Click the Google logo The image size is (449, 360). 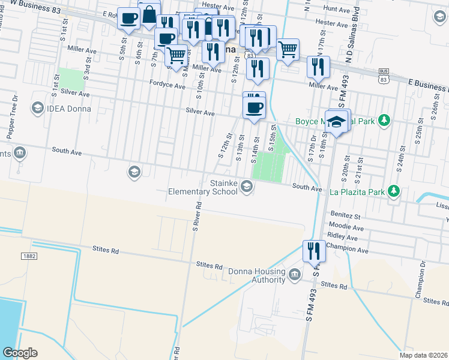point(20,353)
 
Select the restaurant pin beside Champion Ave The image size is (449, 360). point(314,251)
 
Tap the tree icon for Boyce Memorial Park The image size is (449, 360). point(384,121)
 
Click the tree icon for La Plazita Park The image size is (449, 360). point(394,191)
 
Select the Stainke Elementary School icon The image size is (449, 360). point(246,188)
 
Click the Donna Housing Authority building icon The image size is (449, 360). point(294,275)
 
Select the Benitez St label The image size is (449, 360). point(344,215)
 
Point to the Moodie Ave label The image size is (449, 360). point(346,228)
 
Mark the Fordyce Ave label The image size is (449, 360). point(167,86)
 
